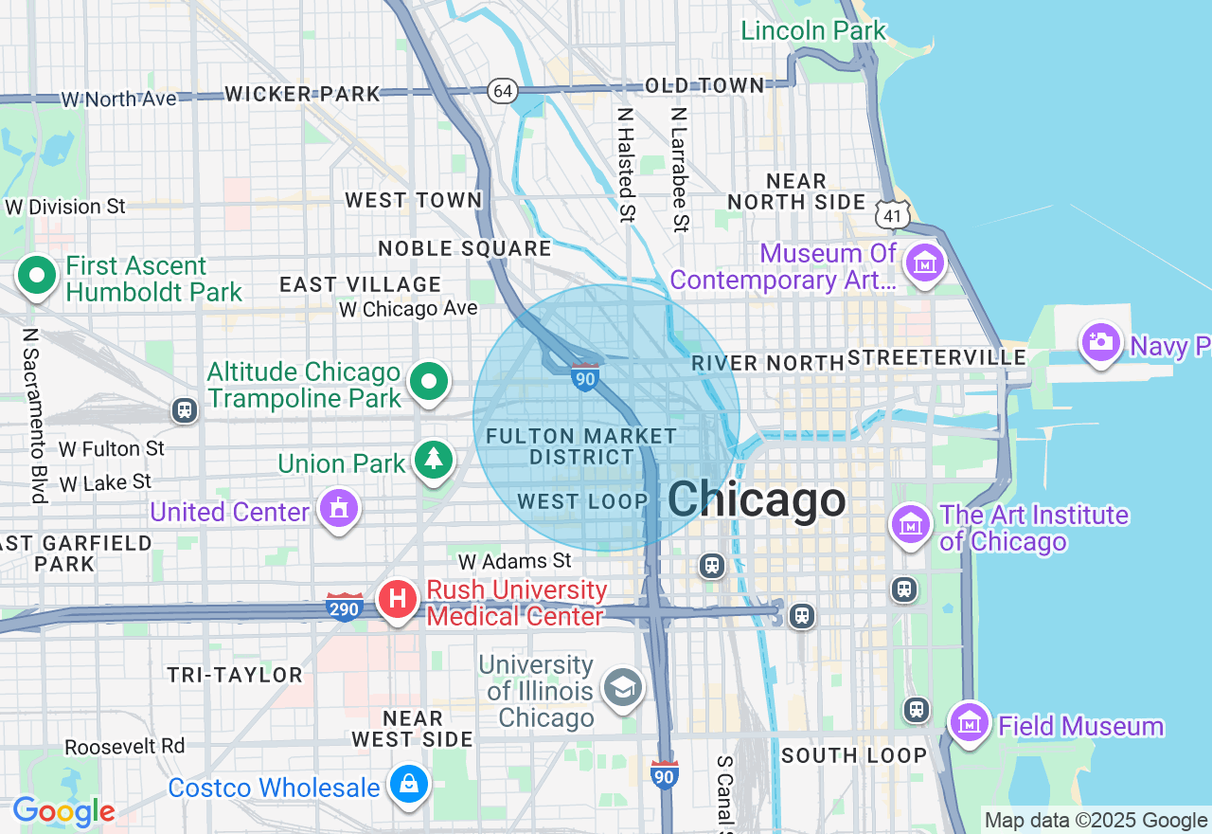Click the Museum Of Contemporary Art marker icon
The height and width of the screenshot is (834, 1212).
[924, 263]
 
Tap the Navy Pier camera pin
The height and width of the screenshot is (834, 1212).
[1101, 341]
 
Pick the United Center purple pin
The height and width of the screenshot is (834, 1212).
[339, 509]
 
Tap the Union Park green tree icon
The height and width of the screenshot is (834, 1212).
[434, 460]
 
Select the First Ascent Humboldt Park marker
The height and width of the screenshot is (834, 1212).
[38, 277]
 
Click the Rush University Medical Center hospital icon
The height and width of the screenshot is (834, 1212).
[399, 599]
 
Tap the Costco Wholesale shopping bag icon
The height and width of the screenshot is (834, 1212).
[409, 785]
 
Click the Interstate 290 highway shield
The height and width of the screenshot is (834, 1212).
[345, 607]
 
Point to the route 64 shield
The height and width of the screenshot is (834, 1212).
[503, 91]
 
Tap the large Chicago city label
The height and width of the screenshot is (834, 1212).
[757, 499]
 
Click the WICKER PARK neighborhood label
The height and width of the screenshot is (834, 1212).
[302, 94]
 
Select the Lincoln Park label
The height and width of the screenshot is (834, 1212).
[813, 30]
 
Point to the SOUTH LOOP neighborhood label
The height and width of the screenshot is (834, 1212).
[853, 755]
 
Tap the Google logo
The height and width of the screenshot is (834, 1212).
[63, 811]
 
